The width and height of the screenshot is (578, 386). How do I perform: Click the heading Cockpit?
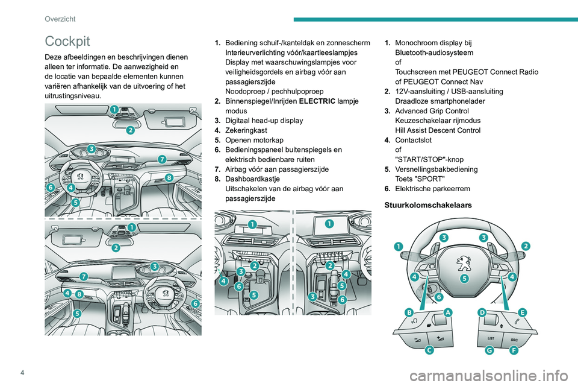click(67, 41)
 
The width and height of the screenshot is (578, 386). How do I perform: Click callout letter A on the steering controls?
click(448, 312)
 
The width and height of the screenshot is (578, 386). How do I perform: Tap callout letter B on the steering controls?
click(409, 312)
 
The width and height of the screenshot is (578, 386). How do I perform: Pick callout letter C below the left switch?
click(429, 349)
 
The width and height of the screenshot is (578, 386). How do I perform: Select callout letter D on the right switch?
click(482, 312)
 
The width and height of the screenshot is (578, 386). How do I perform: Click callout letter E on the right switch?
click(521, 312)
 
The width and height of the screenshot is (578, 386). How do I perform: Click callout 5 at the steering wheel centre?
click(465, 279)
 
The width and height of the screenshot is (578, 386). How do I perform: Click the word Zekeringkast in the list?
click(246, 130)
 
